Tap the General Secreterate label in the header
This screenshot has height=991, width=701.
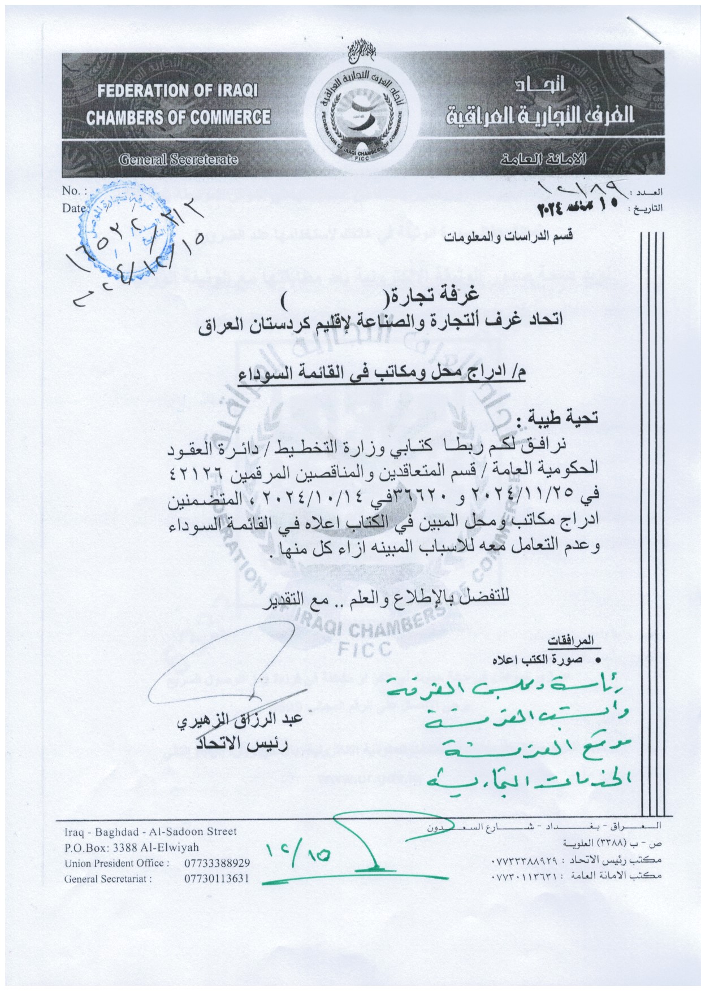tap(178, 160)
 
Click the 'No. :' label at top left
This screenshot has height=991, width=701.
tap(75, 191)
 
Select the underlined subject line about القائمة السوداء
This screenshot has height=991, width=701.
tap(382, 374)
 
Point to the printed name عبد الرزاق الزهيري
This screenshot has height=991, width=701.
tap(241, 723)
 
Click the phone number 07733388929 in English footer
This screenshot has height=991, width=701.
tap(218, 863)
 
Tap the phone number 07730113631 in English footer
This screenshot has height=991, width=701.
tap(218, 879)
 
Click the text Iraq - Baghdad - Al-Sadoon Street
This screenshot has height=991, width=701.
tap(150, 832)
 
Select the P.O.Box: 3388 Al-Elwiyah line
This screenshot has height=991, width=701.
tap(132, 847)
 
